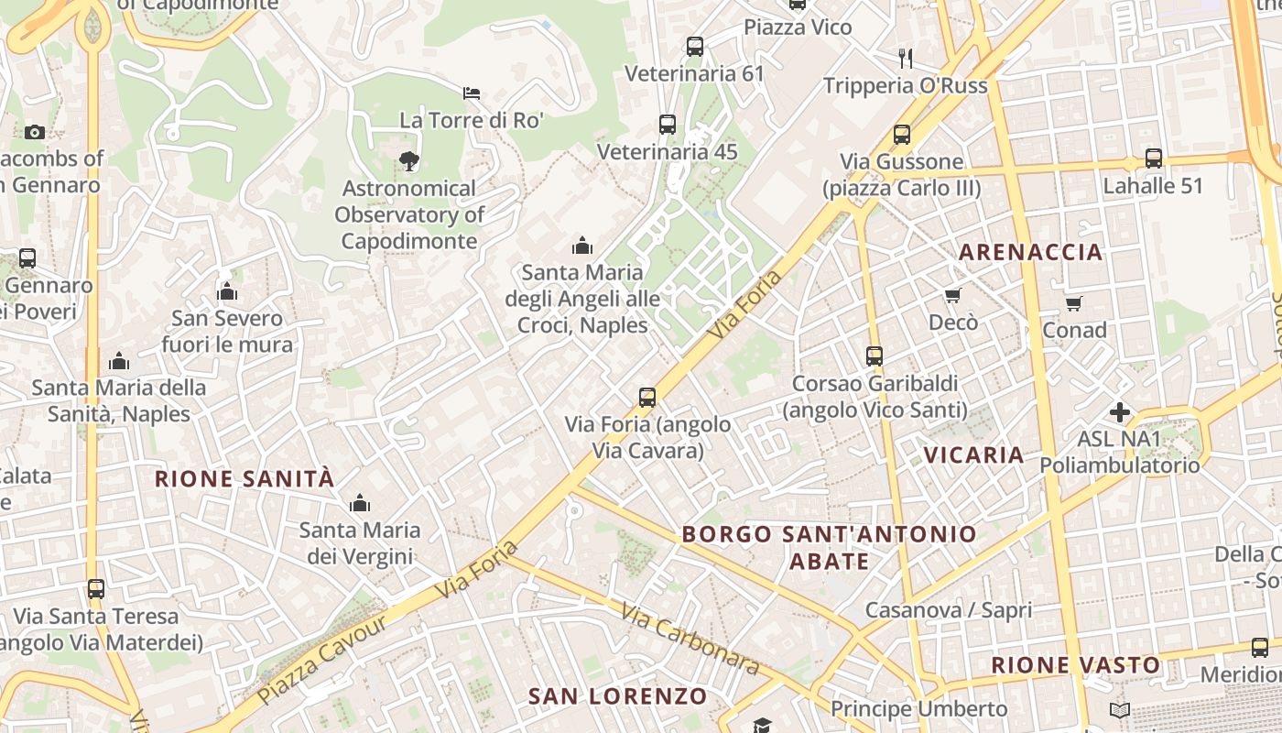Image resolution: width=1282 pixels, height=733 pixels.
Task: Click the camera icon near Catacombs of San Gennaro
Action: [35, 132]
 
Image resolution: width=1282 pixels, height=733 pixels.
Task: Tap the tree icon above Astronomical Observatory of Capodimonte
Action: [408, 161]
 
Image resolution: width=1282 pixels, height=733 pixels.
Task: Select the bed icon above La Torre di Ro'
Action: [472, 93]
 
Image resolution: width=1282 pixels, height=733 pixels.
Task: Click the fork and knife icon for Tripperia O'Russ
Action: [906, 59]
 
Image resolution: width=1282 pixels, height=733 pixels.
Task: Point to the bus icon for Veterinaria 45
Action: [668, 125]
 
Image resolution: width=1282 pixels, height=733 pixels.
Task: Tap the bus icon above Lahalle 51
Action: [1154, 159]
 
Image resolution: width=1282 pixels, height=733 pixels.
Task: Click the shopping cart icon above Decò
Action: [953, 295]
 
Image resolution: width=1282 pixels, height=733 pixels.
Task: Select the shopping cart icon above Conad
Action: [1074, 303]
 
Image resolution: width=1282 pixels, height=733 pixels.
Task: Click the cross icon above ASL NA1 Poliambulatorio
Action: [1119, 412]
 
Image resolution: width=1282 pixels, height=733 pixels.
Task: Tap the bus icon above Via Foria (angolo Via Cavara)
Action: [647, 398]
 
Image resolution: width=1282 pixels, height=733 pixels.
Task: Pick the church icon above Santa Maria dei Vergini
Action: [360, 503]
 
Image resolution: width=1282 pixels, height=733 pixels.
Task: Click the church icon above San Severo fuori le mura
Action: [227, 292]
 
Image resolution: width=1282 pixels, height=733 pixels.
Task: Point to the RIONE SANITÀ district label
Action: [244, 478]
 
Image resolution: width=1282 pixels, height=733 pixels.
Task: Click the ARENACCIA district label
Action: [1030, 252]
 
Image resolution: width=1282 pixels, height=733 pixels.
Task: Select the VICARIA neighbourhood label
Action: [973, 455]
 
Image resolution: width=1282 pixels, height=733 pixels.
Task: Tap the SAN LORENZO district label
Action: [618, 696]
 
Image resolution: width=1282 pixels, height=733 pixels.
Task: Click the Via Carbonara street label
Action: [690, 639]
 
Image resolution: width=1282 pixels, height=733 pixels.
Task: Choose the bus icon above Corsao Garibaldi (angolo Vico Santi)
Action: [875, 356]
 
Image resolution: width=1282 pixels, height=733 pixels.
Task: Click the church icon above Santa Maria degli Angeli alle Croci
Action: [581, 246]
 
